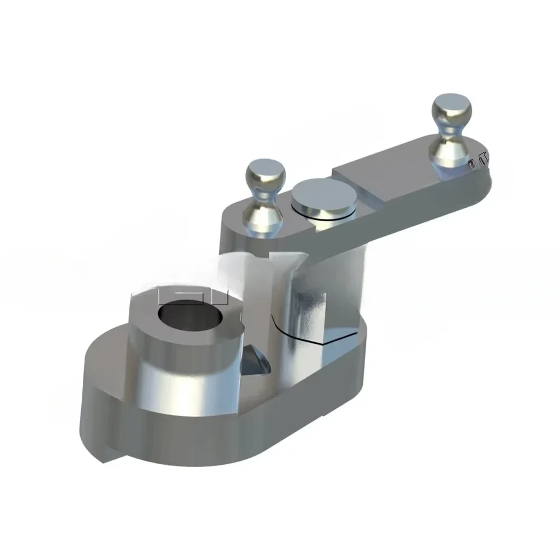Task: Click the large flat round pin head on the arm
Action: tap(325, 196)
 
